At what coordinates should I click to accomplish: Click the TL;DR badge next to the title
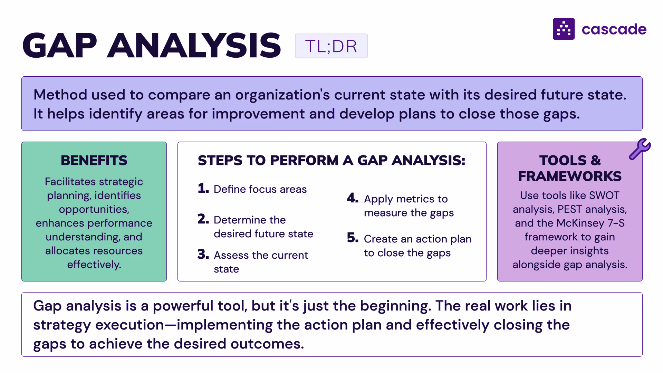point(331,46)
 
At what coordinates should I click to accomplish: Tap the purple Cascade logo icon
point(564,29)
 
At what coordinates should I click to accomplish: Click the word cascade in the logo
point(614,29)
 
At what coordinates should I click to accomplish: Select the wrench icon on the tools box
point(640,149)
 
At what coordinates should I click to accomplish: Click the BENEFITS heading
point(94,160)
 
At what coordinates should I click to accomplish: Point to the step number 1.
point(203,188)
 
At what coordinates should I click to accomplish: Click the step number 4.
point(353,198)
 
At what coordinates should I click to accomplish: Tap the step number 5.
point(353,238)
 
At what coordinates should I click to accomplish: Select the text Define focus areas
point(260,189)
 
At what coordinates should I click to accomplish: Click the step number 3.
point(203,254)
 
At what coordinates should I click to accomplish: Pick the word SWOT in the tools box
point(604,195)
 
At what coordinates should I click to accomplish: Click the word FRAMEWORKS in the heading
point(570,176)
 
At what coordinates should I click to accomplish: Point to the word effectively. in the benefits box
point(94,265)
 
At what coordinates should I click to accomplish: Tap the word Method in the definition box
point(60,95)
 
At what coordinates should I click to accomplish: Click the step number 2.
point(203,219)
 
